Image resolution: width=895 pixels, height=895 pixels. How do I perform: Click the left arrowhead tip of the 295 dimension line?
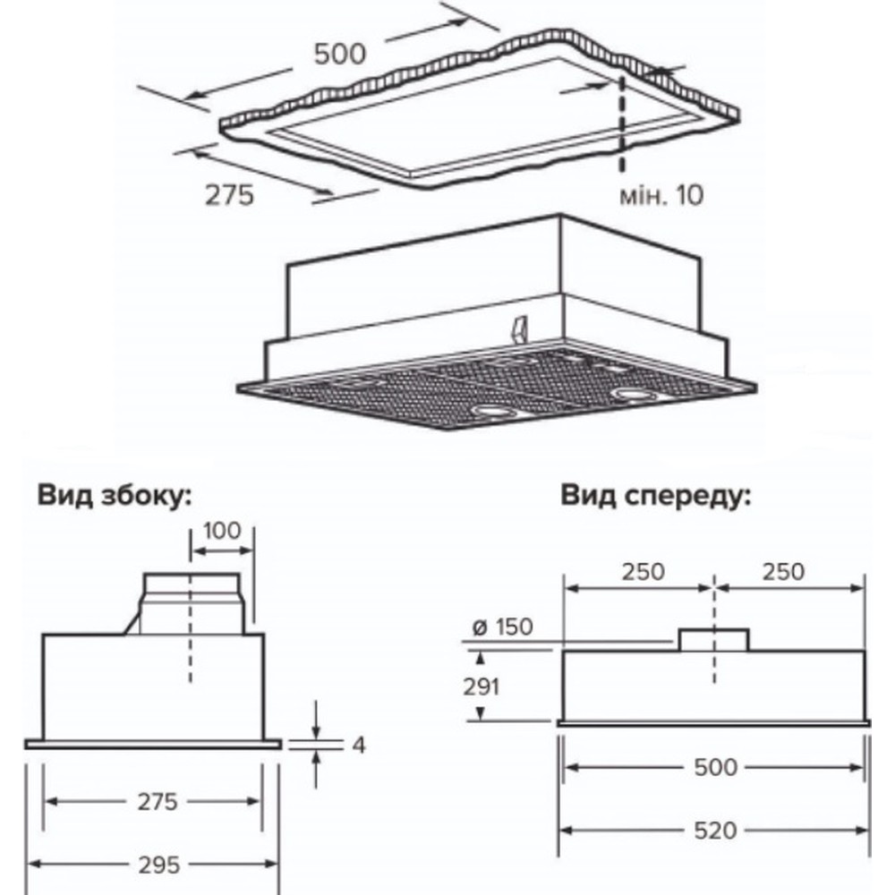(28, 865)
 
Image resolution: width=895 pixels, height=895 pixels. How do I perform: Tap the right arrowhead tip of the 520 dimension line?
(869, 831)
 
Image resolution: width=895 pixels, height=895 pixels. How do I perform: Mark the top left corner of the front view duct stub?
(679, 629)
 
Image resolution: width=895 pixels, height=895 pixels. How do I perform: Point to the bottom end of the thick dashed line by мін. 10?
(622, 171)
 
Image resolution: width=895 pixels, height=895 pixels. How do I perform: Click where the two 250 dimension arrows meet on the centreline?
(714, 587)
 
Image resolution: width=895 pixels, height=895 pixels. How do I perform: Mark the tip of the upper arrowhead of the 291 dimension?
(481, 652)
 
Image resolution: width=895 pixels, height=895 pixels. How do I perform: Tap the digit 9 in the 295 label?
(158, 865)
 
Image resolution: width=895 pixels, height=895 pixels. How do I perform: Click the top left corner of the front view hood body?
(563, 651)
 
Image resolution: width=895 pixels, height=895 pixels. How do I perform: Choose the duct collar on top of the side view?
(192, 603)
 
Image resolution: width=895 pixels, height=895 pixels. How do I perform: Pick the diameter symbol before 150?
(480, 628)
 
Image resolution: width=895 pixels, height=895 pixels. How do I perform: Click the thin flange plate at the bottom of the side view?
(153, 744)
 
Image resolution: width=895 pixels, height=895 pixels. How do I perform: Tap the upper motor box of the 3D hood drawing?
(494, 277)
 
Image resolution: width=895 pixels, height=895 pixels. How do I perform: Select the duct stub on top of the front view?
(713, 640)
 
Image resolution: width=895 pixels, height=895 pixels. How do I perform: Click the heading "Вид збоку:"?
(115, 495)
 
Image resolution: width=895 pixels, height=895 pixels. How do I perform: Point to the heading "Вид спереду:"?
(656, 496)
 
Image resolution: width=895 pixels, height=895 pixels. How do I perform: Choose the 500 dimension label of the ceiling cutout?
(339, 55)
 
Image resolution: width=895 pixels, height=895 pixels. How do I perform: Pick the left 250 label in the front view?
(644, 571)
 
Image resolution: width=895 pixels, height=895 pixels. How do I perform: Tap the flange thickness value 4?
(359, 745)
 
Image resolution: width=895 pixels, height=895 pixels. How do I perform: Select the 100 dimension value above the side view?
(222, 531)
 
